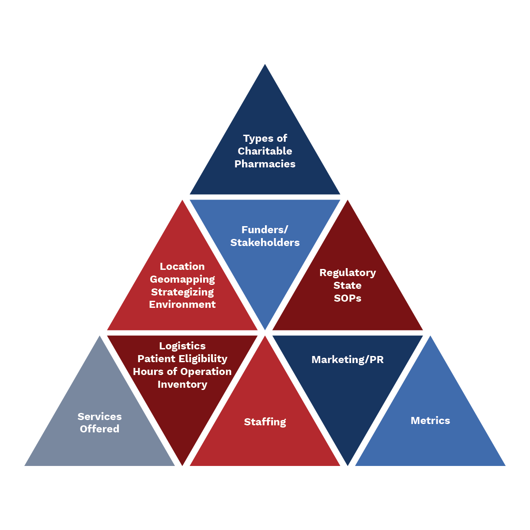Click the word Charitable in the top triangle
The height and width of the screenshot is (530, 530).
tap(265, 151)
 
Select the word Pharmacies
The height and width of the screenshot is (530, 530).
tap(265, 164)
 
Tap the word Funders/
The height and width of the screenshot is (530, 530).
tap(265, 230)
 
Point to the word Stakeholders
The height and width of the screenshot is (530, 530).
tap(265, 242)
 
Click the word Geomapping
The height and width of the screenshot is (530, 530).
tap(182, 279)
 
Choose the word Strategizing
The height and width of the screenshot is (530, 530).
tap(182, 292)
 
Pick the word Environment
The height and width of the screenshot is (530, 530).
tap(182, 304)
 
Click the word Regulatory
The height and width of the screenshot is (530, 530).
tap(348, 273)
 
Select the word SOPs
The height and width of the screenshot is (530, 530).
tap(348, 298)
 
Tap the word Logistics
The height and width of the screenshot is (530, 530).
tap(182, 346)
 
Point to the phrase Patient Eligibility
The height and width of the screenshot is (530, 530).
tap(182, 359)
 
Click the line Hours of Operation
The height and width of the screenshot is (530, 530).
tap(182, 371)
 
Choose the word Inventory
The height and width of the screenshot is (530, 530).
tap(182, 384)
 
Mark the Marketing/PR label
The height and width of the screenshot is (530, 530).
tap(348, 360)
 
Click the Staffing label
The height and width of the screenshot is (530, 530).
tap(265, 422)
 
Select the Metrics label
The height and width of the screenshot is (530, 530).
tap(430, 420)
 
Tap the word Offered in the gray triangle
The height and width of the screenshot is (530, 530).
tap(99, 429)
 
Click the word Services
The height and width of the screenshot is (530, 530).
tap(99, 416)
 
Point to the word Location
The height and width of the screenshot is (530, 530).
tap(182, 266)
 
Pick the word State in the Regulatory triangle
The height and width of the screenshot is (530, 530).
tap(348, 285)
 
